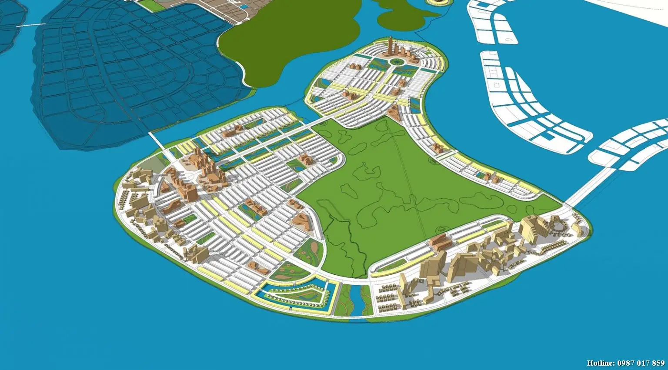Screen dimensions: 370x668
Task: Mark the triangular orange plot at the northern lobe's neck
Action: point(394,113)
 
